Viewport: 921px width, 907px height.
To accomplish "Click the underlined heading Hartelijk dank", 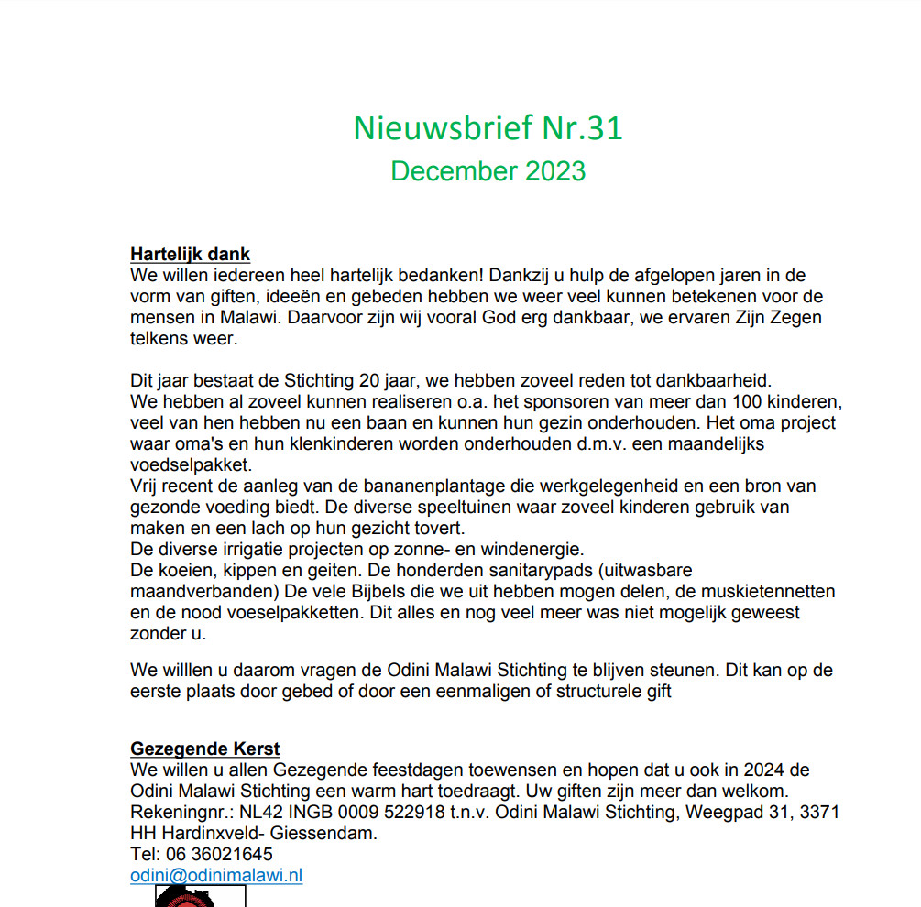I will [191, 254].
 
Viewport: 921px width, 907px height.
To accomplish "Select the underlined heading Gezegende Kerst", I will [205, 749].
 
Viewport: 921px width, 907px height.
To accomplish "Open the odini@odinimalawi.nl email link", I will [216, 875].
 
